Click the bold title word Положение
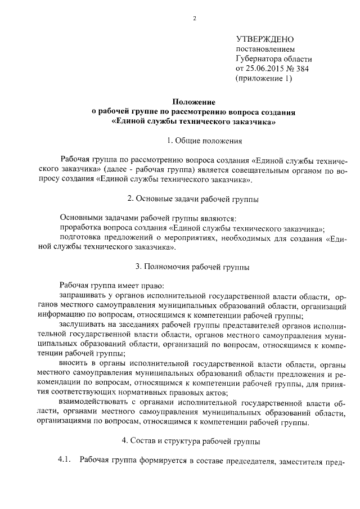tap(194, 102)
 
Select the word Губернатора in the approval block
tap(261, 58)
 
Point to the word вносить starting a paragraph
tap(74, 363)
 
